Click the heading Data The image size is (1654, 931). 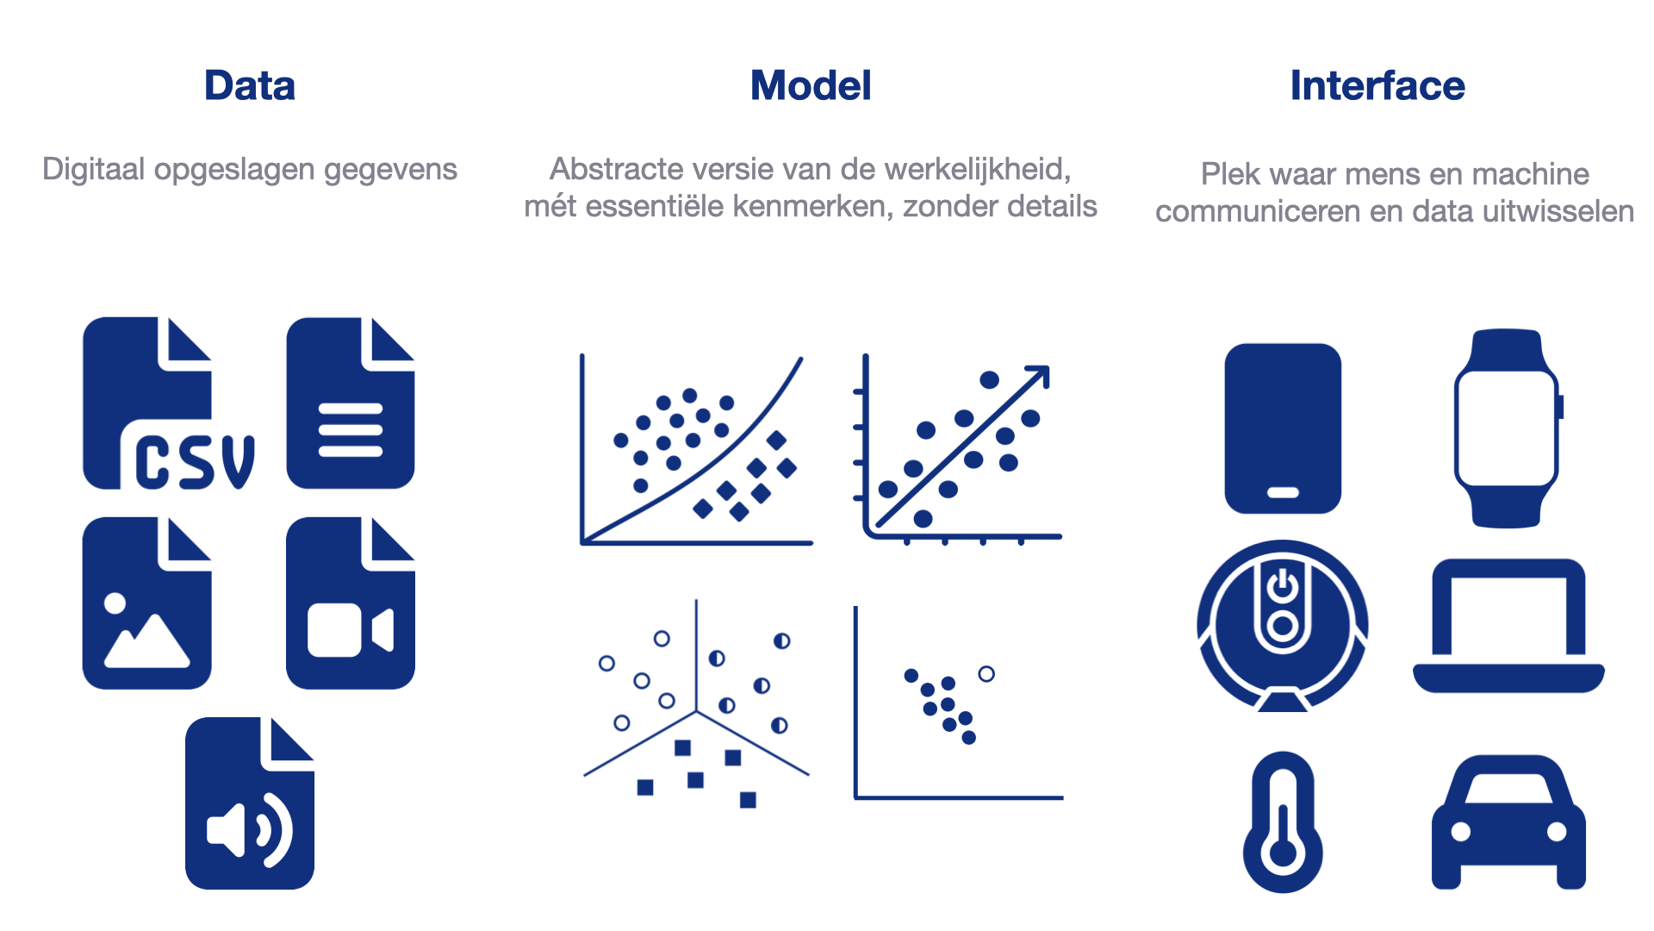coord(250,86)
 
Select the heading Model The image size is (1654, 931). coord(811,86)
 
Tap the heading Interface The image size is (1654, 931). coord(1377,86)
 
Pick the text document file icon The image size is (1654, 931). coord(351,403)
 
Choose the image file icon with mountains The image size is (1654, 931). coord(146,603)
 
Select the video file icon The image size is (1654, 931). coord(351,603)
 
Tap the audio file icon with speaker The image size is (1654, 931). coord(250,803)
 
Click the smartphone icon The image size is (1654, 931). coord(1283,428)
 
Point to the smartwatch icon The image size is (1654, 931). coord(1508,428)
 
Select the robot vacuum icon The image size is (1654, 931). coord(1283,626)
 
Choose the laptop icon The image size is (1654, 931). coord(1508,626)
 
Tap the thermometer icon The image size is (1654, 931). coord(1283,822)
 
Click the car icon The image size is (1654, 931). coord(1508,822)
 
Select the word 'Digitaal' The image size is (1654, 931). coord(94,170)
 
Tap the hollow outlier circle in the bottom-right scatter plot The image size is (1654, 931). coord(986,674)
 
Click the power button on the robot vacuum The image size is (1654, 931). coord(1283,585)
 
